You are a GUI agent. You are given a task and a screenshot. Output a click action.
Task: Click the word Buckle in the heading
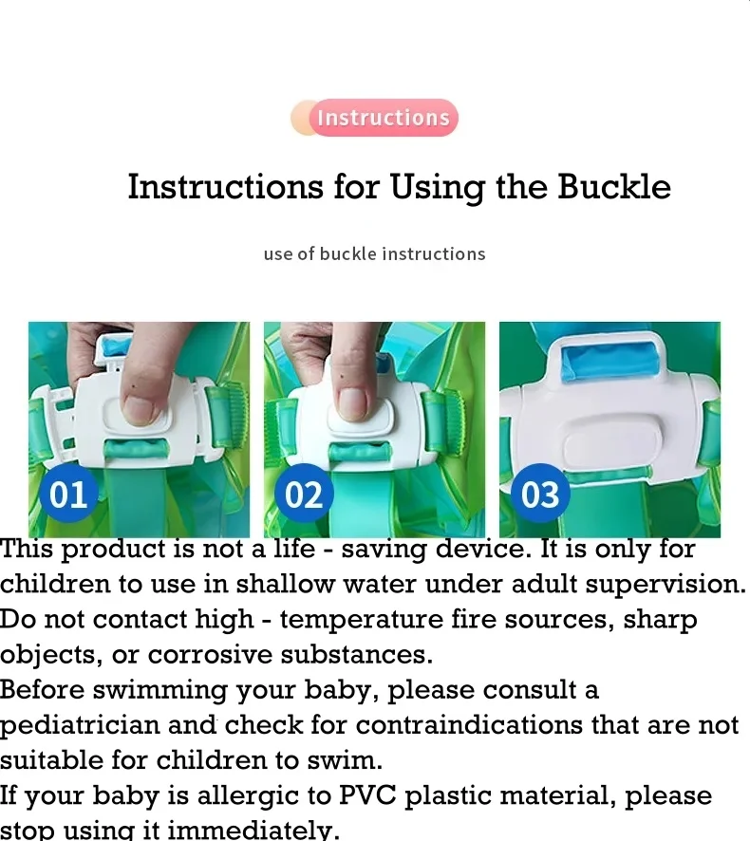(613, 187)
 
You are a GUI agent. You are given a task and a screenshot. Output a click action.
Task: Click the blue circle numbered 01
(68, 494)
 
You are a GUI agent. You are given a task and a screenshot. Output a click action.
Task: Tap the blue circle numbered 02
(304, 494)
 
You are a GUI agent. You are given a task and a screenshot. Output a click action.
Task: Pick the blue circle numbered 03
(539, 494)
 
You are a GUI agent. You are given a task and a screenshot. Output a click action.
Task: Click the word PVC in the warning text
(367, 794)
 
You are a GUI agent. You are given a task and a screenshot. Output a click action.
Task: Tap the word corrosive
(210, 654)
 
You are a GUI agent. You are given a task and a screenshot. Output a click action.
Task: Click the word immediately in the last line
(253, 831)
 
